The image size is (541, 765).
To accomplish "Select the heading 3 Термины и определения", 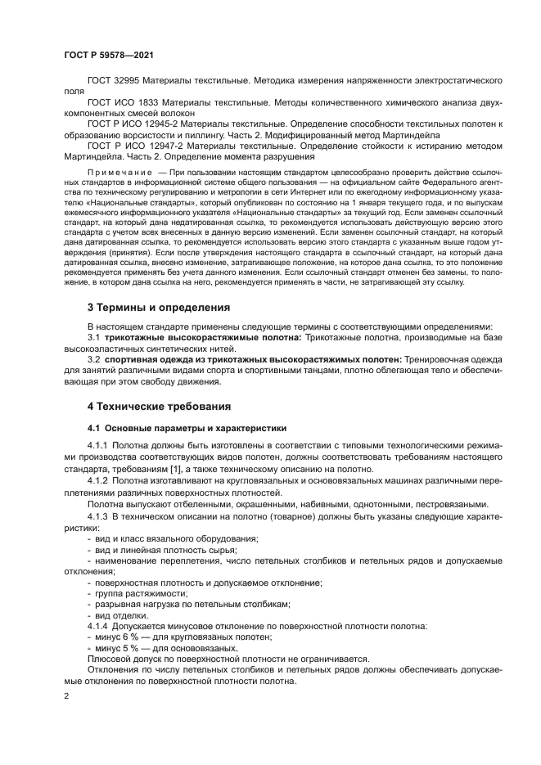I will point(159,307).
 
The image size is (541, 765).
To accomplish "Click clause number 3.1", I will point(93,337).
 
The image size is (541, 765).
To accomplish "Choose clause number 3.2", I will point(93,358).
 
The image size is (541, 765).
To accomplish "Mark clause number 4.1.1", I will point(97,444).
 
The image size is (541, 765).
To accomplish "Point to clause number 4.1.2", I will point(97,482).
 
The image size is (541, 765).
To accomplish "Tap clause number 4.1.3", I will point(97,518).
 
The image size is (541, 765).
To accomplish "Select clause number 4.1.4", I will point(97,626).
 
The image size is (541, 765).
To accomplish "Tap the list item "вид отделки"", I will point(122,614).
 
